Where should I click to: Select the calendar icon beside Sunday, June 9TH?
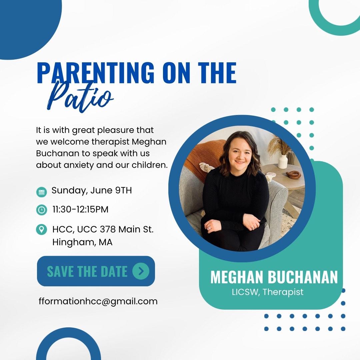42,192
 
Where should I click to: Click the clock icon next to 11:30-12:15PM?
42,210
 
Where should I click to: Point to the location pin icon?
42,229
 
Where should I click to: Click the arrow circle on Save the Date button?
141,271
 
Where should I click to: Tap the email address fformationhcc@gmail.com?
98,301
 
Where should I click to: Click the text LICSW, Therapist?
268,292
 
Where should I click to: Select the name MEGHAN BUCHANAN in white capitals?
274,277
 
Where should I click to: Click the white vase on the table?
283,161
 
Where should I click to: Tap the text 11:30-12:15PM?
80,209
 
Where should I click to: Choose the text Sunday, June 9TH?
92,190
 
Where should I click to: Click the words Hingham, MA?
82,242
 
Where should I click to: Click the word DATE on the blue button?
114,271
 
